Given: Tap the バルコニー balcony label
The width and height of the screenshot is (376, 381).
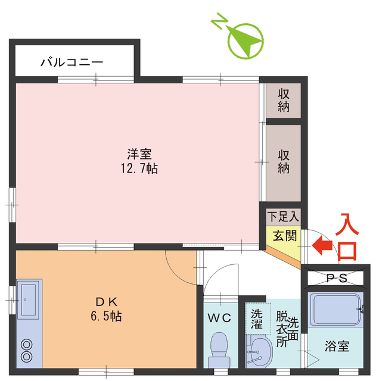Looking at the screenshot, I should (72, 62).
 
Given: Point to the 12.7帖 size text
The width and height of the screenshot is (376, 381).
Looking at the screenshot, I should (139, 168).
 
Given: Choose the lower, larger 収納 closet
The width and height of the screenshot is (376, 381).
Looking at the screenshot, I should (283, 161).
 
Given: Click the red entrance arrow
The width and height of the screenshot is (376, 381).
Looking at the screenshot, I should (322, 244).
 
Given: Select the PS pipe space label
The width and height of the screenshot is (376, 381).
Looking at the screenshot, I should (337, 277).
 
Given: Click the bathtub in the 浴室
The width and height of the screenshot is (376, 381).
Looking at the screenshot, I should (336, 310).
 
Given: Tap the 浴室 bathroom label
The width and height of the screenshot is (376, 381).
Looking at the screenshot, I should (337, 346).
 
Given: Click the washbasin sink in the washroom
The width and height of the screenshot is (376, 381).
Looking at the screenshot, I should (258, 353).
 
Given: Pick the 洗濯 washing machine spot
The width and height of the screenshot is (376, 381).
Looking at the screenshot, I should (257, 319).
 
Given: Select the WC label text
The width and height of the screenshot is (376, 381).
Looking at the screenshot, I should (219, 318).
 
